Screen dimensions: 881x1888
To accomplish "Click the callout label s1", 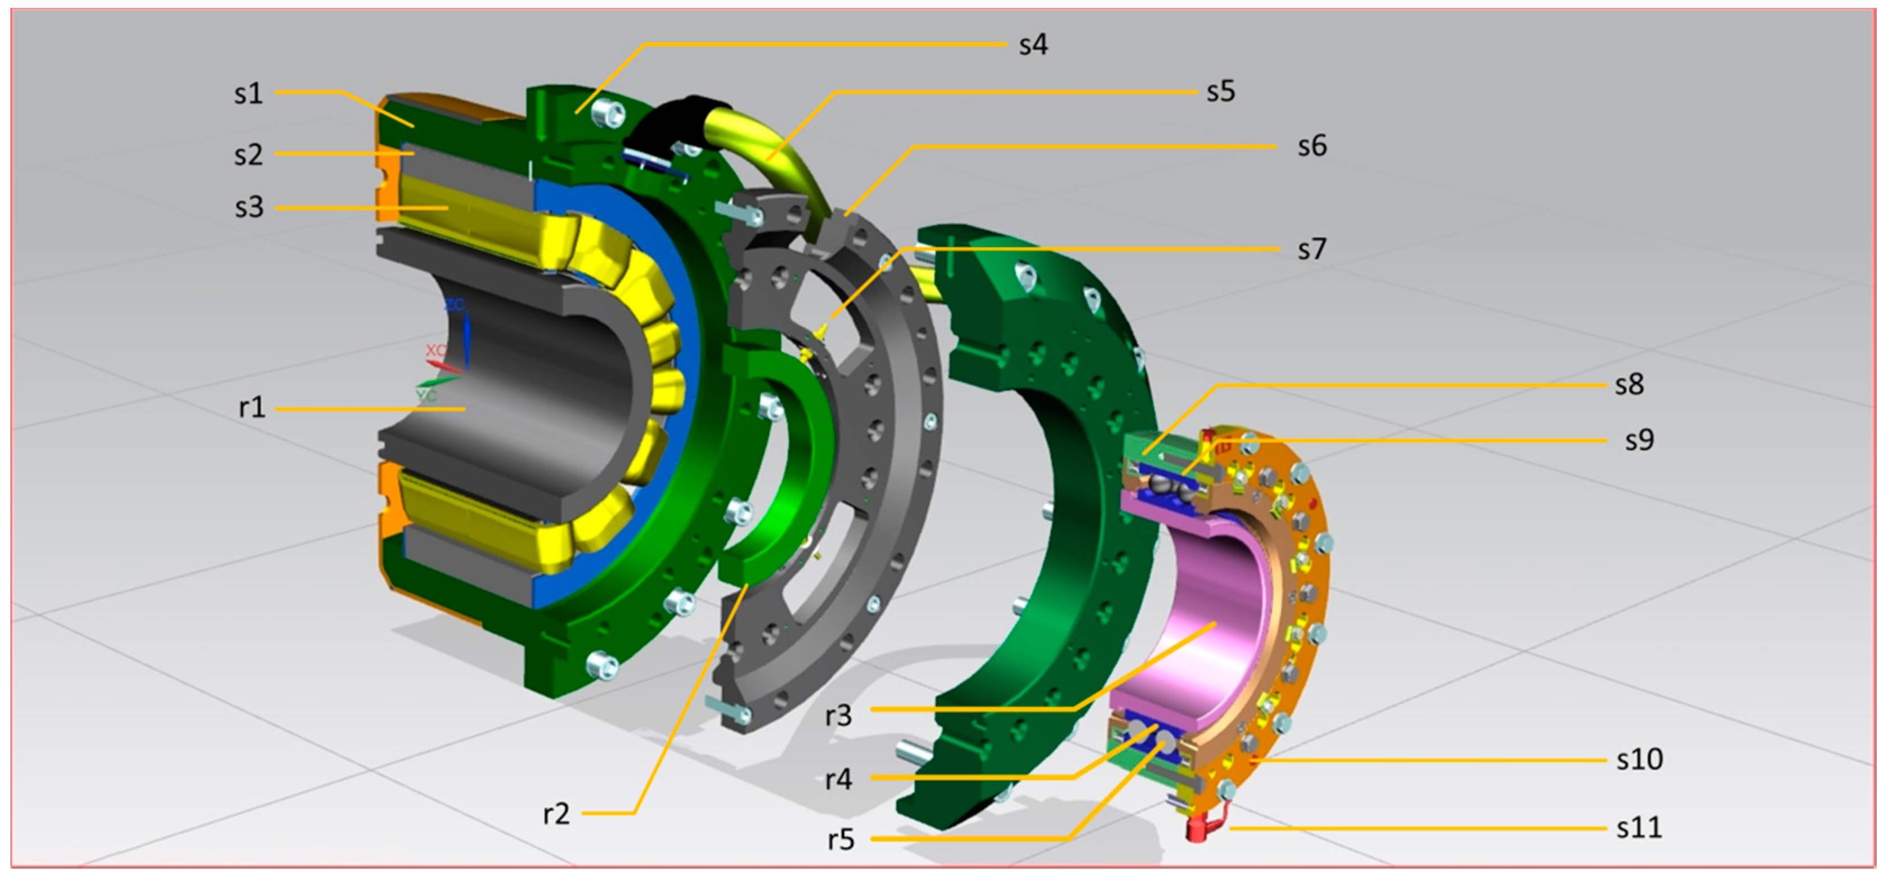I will (248, 94).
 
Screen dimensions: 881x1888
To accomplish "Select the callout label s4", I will (1033, 45).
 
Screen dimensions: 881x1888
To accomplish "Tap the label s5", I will (1220, 92).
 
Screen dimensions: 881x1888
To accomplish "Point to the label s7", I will (1311, 250).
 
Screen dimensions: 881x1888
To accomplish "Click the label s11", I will (1639, 828).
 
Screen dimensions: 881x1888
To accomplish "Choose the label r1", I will (252, 408).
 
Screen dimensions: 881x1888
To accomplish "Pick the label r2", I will (557, 814).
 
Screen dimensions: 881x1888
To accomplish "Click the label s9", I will (1639, 440).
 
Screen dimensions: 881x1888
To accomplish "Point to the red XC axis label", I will (435, 350).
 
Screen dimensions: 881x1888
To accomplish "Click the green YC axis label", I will (427, 396).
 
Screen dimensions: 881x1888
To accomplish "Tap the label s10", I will (1639, 759).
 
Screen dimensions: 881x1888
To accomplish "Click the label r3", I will (838, 715).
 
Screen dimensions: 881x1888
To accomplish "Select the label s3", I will (248, 207).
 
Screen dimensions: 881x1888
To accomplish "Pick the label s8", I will (1629, 385).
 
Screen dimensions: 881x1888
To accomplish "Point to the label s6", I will (1311, 147).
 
